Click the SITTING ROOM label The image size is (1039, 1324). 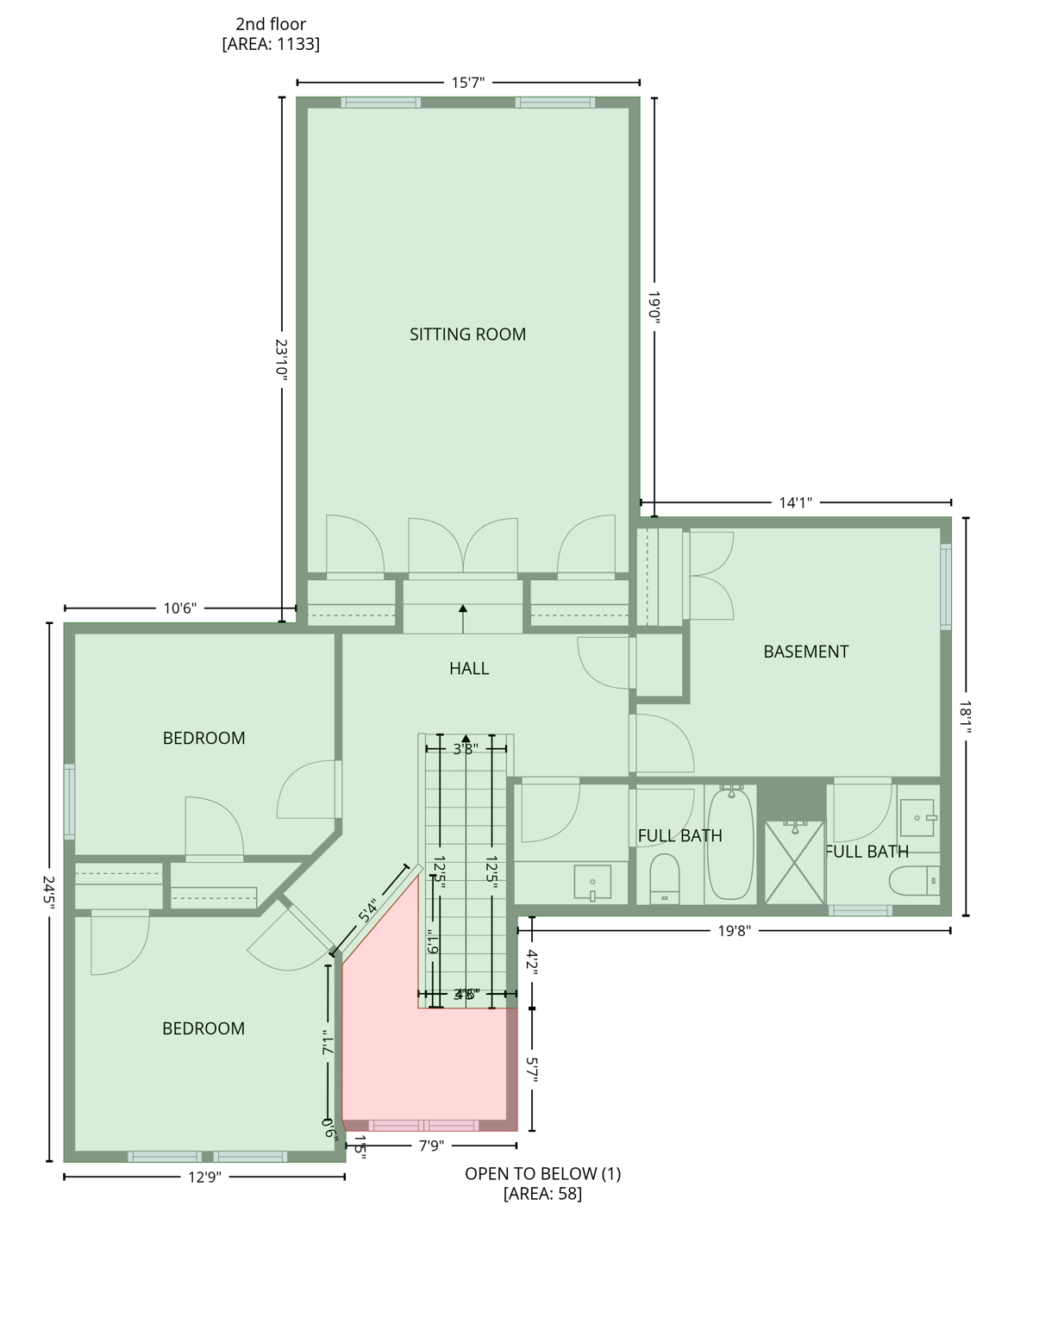(467, 334)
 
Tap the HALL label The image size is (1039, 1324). (469, 668)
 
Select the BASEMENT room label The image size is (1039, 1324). (805, 652)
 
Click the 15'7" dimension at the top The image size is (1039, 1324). (468, 83)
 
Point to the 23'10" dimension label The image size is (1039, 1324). (281, 359)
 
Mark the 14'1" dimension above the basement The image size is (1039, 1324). (795, 503)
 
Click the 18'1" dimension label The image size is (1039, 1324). (966, 717)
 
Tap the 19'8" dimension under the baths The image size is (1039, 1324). (735, 930)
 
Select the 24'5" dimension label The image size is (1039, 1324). (49, 893)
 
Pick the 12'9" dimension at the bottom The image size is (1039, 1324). (204, 1177)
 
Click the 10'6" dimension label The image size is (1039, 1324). (180, 609)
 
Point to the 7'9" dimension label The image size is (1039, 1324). (431, 1146)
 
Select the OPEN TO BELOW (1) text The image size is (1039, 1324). (542, 1173)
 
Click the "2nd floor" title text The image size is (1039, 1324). (271, 24)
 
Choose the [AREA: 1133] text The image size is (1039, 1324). (271, 44)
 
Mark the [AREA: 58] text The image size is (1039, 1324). (542, 1194)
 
